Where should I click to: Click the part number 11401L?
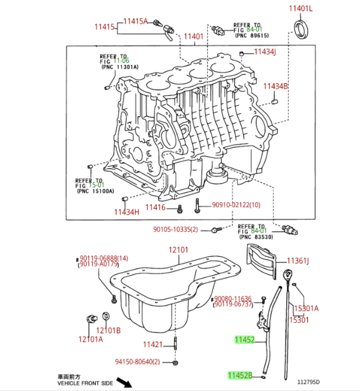pyautogui.click(x=300, y=8)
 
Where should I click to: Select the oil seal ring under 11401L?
pyautogui.click(x=302, y=28)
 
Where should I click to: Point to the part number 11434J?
pyautogui.click(x=264, y=52)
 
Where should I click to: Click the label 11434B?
pyautogui.click(x=276, y=86)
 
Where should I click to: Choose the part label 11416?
pyautogui.click(x=155, y=208)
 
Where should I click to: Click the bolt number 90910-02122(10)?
pyautogui.click(x=236, y=206)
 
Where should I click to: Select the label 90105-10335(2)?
pyautogui.click(x=175, y=230)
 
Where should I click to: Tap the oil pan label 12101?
pyautogui.click(x=178, y=250)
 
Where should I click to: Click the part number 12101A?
pyautogui.click(x=91, y=339)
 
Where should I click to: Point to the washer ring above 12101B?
pyautogui.click(x=106, y=316)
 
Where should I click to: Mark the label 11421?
pyautogui.click(x=152, y=344)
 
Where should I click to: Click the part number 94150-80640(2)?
pyautogui.click(x=138, y=362)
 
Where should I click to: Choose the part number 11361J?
pyautogui.click(x=299, y=261)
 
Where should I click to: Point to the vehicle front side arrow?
pyautogui.click(x=129, y=384)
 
